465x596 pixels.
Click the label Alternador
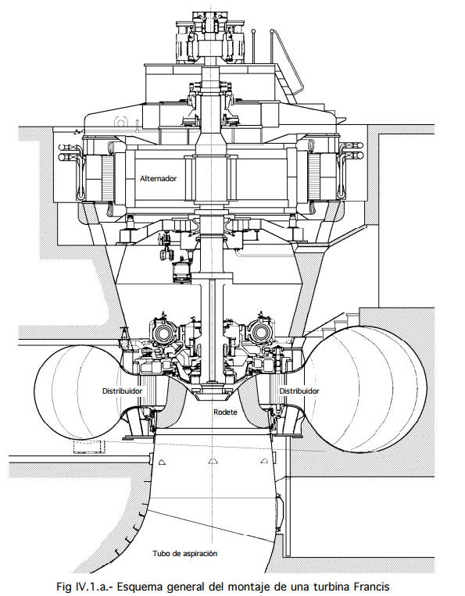coord(158,178)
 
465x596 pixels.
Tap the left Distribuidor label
coord(122,391)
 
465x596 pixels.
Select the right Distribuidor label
coord(299,391)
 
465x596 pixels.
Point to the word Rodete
coord(225,412)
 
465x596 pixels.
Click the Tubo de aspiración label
coord(185,553)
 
